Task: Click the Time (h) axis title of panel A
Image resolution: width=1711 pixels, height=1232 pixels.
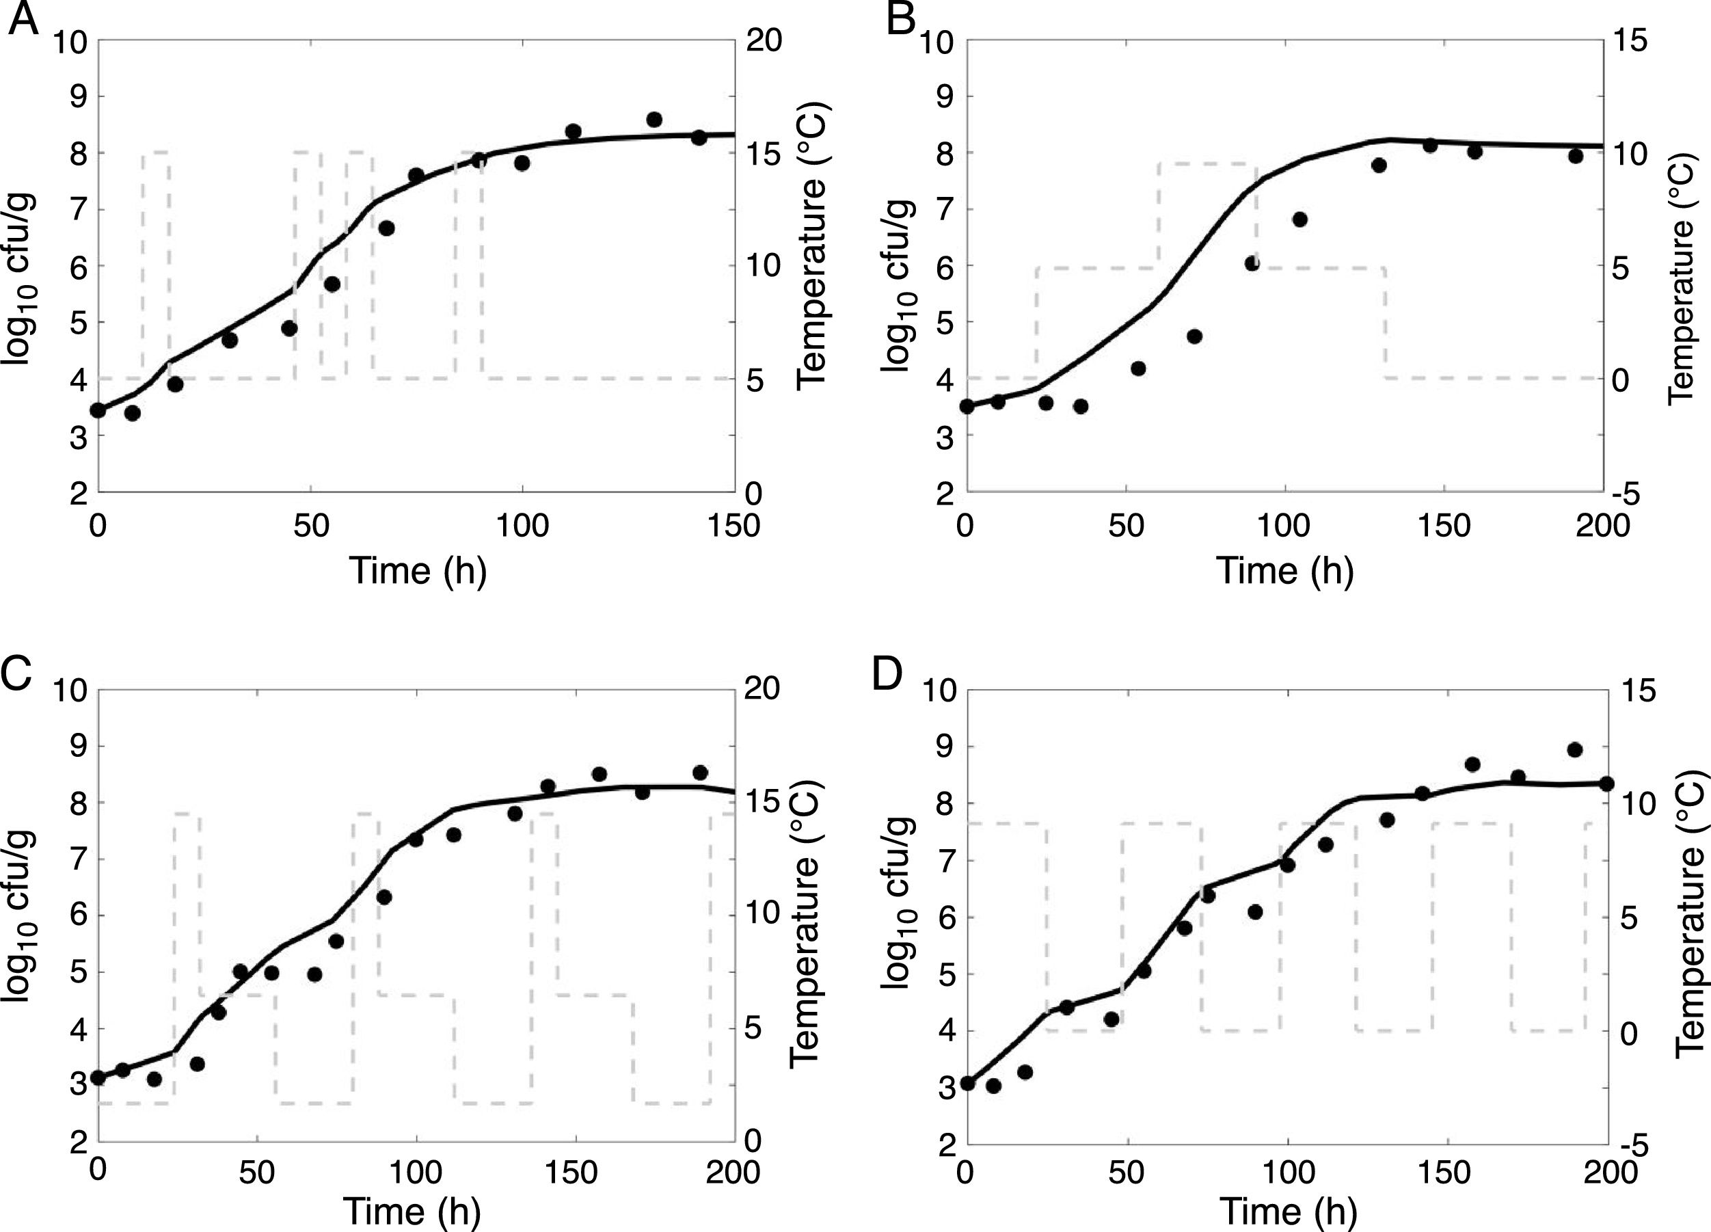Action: tap(417, 570)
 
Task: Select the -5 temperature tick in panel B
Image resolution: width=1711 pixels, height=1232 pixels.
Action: tap(1630, 494)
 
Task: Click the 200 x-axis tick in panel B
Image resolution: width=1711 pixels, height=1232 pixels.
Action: tap(1603, 526)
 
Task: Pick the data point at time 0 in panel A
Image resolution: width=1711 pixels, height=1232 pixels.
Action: tap(97, 410)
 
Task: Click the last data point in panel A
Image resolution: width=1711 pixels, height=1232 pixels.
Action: tap(699, 137)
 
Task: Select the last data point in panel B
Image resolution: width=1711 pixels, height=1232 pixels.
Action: tap(1575, 156)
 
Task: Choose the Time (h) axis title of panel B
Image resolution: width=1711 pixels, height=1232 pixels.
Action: tap(1286, 570)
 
